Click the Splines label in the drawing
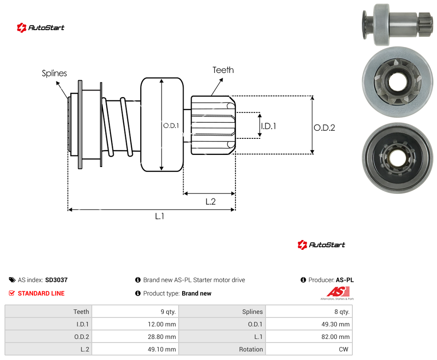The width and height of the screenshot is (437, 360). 54,73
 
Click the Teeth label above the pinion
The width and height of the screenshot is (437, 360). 223,70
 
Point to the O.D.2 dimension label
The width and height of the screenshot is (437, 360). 325,128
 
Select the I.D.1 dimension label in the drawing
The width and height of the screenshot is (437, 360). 269,126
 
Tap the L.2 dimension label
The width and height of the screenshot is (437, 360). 210,201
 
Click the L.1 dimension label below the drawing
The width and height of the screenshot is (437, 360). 160,216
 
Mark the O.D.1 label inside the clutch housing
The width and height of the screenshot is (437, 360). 171,126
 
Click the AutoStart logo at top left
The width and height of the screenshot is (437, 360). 41,28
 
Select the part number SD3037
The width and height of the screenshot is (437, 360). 56,280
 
